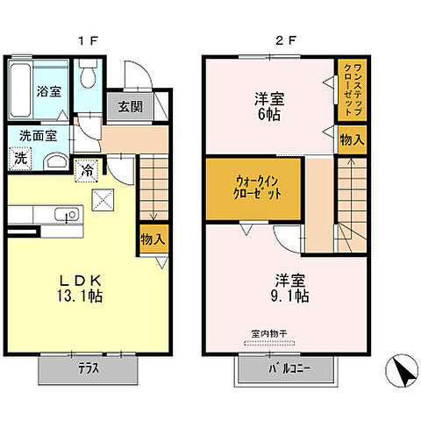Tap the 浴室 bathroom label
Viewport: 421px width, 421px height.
46,90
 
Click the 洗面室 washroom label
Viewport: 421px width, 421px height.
39,137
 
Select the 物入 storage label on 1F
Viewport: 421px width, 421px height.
152,239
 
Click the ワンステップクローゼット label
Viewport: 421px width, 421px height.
348,89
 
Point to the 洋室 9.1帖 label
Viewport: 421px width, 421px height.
291,288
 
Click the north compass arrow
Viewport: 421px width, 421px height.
402,371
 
